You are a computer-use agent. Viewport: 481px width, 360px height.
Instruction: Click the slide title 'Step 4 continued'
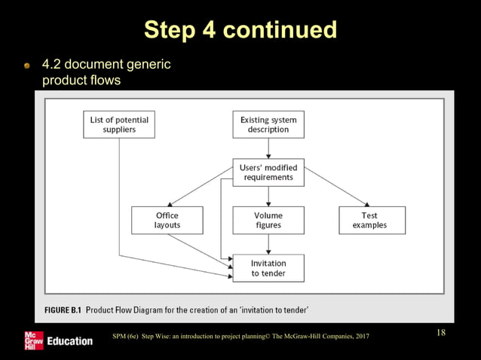[x=240, y=29]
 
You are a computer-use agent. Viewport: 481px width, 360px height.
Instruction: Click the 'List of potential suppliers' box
[x=119, y=124]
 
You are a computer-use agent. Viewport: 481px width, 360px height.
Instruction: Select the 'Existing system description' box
[x=268, y=124]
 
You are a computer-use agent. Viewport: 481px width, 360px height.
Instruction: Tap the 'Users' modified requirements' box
[x=268, y=172]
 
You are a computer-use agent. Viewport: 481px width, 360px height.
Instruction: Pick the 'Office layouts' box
[x=167, y=220]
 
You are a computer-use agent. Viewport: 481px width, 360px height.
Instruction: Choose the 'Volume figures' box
[x=268, y=220]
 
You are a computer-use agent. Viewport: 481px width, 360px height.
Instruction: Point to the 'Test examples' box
[x=369, y=220]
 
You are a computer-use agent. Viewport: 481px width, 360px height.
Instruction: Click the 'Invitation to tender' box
[x=268, y=268]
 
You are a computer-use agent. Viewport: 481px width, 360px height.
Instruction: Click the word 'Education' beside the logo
[x=69, y=341]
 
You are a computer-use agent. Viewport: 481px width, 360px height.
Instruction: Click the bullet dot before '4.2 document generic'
[x=27, y=67]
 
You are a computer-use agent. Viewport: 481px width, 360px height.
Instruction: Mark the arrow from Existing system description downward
[x=268, y=148]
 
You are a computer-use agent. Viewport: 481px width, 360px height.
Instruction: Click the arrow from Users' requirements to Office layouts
[x=199, y=188]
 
